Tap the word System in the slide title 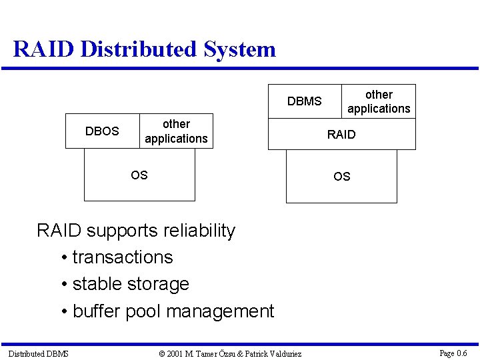pos(240,49)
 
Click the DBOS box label pos(102,131)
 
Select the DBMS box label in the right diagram pos(304,101)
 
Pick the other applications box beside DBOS pos(176,131)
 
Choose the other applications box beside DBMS pos(379,101)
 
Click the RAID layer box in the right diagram pos(341,135)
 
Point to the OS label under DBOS pos(139,175)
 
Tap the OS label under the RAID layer pos(341,177)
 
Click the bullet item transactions pos(123,257)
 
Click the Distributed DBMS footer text pos(38,353)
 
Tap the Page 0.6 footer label pos(453,353)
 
